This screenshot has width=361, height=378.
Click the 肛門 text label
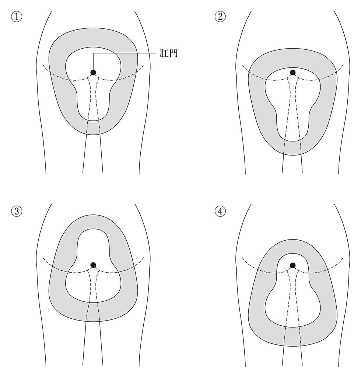(x=168, y=54)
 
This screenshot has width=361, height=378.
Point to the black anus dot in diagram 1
(x=93, y=73)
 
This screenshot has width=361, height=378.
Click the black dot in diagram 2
(x=292, y=73)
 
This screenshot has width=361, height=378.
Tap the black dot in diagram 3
(x=93, y=265)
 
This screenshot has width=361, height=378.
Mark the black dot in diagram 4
(x=292, y=265)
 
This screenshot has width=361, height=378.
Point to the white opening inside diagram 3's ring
(x=93, y=287)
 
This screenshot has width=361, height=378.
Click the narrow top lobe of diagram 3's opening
(x=93, y=243)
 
